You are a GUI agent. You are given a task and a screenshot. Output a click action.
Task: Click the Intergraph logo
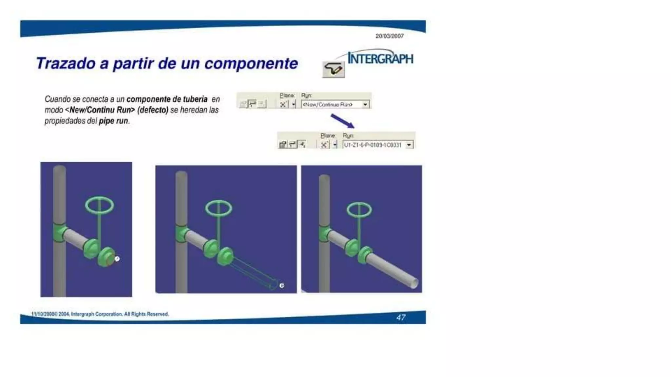(380, 59)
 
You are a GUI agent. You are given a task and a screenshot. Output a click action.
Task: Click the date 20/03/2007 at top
(389, 36)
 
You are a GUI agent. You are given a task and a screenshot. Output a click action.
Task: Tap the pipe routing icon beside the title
(333, 69)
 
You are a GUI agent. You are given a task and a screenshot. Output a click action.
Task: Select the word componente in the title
(251, 63)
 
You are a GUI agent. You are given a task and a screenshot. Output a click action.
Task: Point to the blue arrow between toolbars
(342, 121)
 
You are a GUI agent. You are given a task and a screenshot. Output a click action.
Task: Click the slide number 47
(401, 317)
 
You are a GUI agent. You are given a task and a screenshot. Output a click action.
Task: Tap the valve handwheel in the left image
(100, 206)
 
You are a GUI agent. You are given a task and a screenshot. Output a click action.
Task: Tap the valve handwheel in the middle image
(219, 208)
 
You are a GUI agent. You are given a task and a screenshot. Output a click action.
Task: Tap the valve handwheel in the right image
(359, 210)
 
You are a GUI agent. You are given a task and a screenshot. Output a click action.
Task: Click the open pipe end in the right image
(414, 283)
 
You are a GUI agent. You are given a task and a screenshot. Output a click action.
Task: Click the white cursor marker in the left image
(117, 259)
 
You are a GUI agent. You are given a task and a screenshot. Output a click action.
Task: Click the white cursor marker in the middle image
(282, 286)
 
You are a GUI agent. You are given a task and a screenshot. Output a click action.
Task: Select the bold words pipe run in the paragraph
(113, 121)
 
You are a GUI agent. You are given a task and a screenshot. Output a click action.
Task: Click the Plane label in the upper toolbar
(287, 96)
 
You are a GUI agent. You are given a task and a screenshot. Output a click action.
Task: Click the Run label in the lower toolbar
(348, 135)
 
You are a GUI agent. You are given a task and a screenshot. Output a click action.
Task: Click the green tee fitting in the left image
(59, 232)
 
